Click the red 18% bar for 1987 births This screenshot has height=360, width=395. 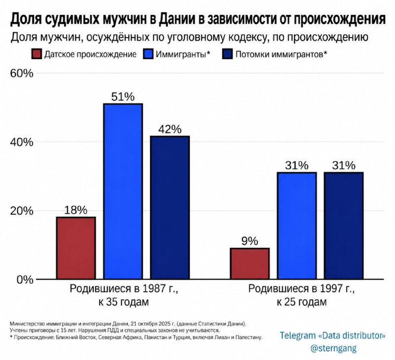pyautogui.click(x=76, y=248)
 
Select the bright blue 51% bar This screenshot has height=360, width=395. pyautogui.click(x=123, y=191)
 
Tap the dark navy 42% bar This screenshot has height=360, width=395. pyautogui.click(x=170, y=207)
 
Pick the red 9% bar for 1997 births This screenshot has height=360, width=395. pyautogui.click(x=250, y=264)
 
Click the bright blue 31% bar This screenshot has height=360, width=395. pyautogui.click(x=297, y=226)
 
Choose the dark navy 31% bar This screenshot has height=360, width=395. pyautogui.click(x=344, y=226)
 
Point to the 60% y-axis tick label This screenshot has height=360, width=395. pyautogui.click(x=22, y=73)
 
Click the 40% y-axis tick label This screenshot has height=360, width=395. pyautogui.click(x=22, y=142)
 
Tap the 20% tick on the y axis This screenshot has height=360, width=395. pyautogui.click(x=22, y=211)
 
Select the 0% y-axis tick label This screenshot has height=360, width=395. pyautogui.click(x=25, y=280)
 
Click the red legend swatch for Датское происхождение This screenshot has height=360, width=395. pyautogui.click(x=37, y=54)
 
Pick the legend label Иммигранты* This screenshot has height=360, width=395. pyautogui.click(x=183, y=54)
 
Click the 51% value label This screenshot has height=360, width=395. pyautogui.click(x=123, y=97)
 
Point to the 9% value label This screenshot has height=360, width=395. pyautogui.click(x=250, y=241)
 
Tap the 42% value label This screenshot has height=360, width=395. pyautogui.click(x=170, y=129)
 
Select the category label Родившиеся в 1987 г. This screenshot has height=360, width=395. pyautogui.click(x=124, y=288)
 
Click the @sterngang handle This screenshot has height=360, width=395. pyautogui.click(x=334, y=348)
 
